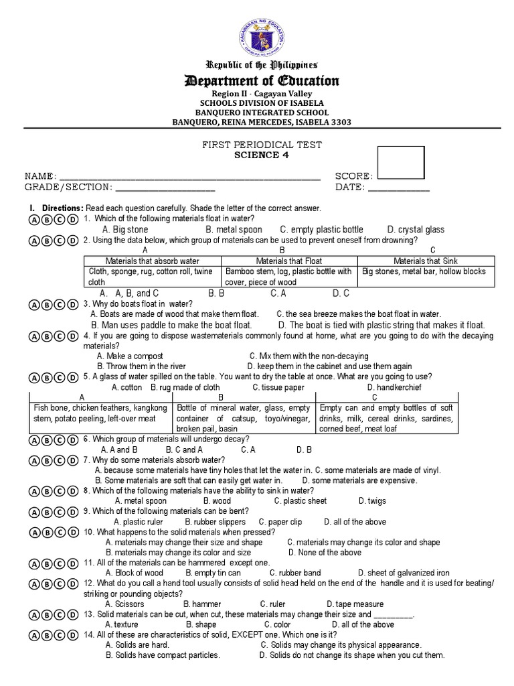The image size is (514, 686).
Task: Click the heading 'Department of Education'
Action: (x=262, y=81)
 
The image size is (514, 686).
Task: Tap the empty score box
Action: (x=401, y=163)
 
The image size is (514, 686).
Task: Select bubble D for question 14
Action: (x=72, y=635)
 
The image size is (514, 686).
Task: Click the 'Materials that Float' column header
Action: (x=288, y=261)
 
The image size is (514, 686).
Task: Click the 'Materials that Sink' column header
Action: (x=425, y=261)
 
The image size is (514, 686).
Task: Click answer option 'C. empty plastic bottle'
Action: (x=321, y=230)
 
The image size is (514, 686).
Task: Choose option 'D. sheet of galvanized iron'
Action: (x=404, y=573)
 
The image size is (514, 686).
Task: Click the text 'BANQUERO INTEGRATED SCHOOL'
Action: (x=262, y=113)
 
